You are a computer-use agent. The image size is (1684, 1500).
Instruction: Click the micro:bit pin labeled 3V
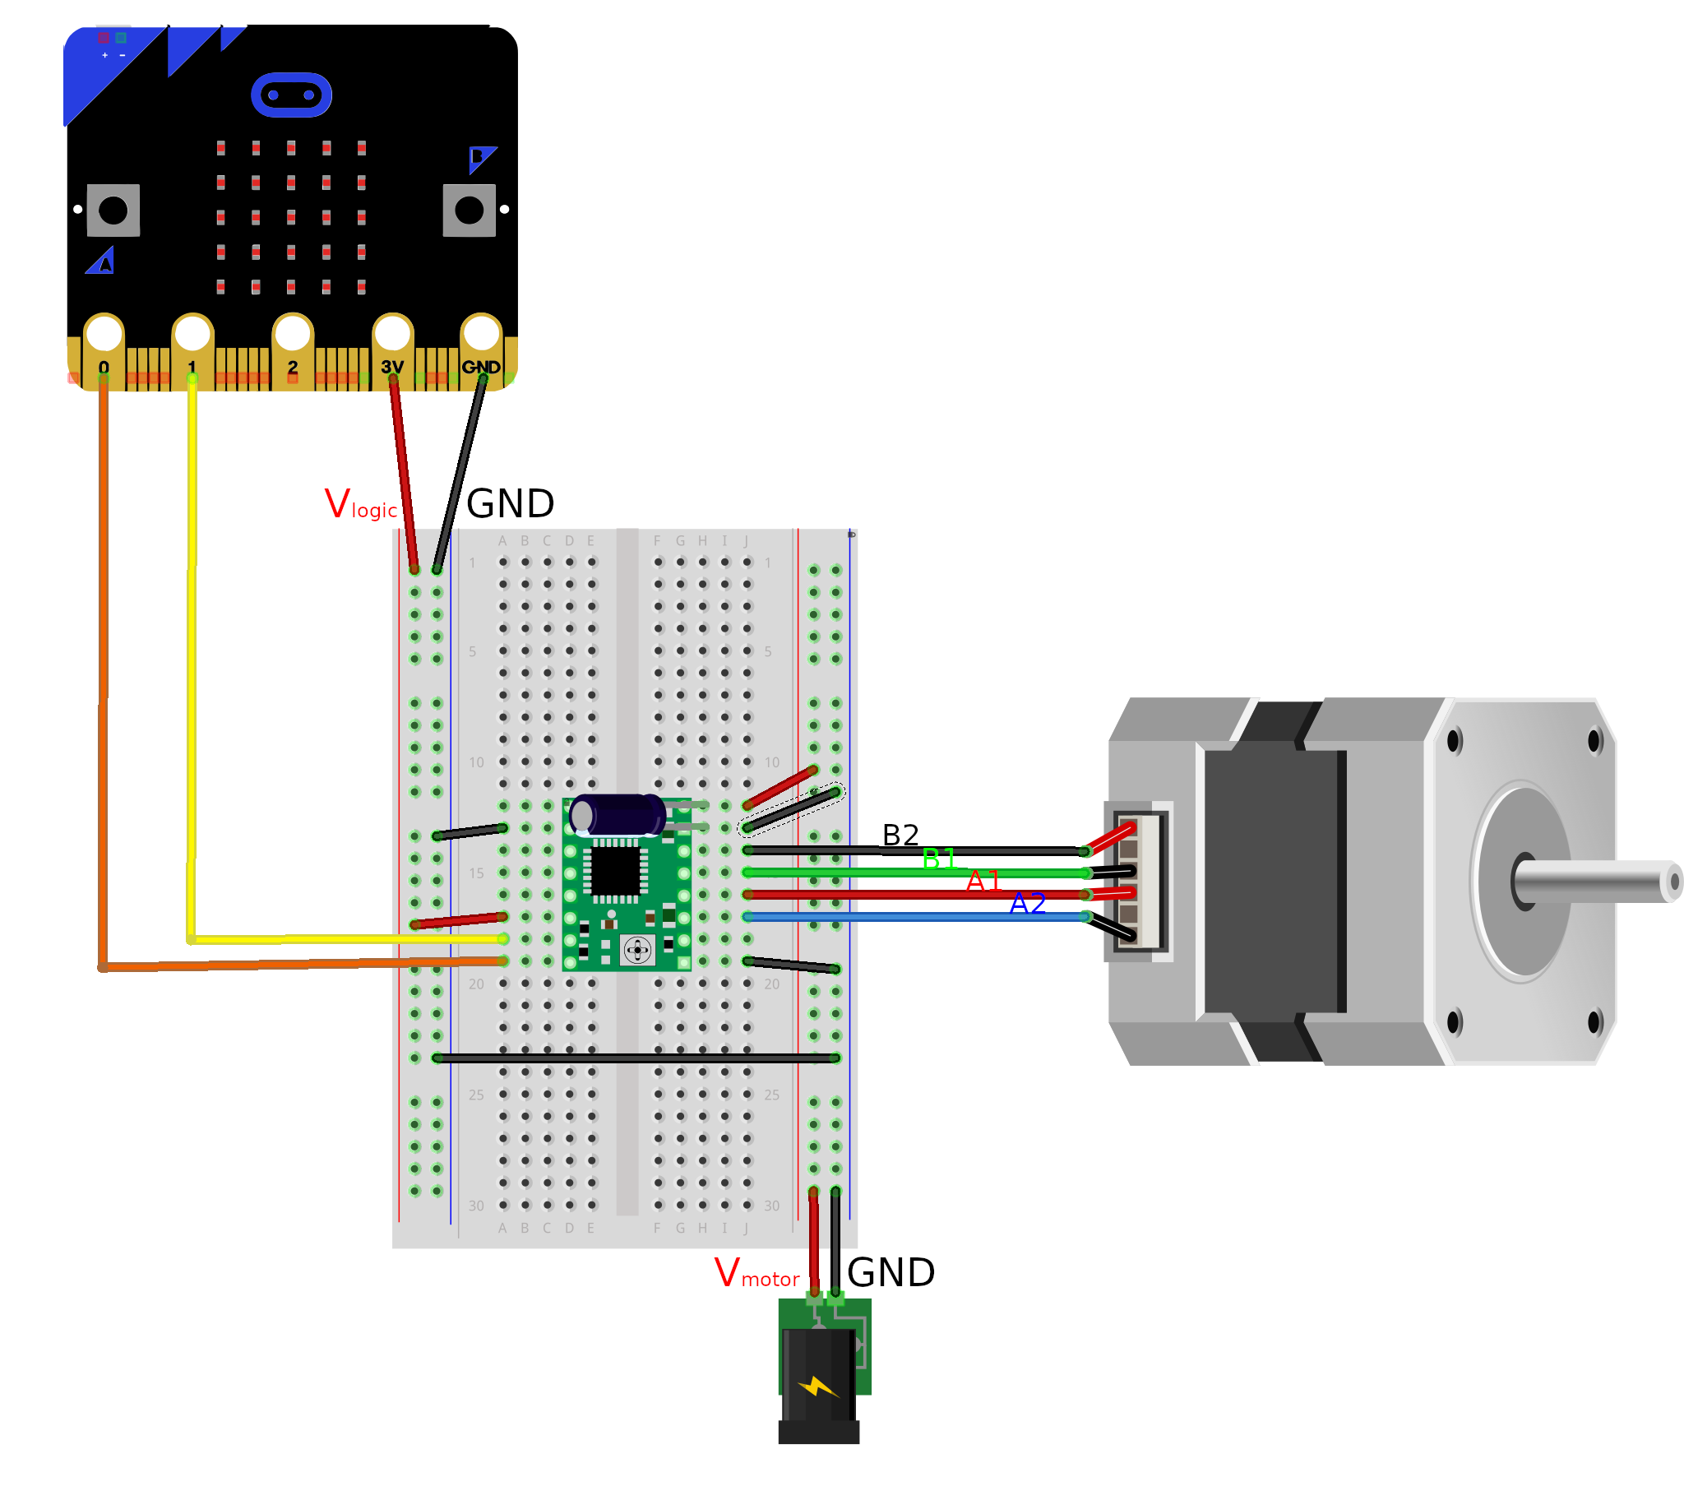coord(392,335)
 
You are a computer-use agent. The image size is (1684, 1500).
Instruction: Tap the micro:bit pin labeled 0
coord(104,335)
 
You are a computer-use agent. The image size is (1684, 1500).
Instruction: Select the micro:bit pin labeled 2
coord(293,335)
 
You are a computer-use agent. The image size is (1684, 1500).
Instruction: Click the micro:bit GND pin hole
coord(481,334)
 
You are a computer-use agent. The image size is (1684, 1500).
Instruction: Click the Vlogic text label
coord(361,504)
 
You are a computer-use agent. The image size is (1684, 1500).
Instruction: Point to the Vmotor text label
coord(756,1273)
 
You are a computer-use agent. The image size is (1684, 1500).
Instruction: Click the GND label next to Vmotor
coord(891,1273)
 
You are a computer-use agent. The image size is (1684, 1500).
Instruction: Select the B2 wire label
coord(900,836)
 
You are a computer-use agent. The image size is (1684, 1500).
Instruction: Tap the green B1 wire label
coord(938,859)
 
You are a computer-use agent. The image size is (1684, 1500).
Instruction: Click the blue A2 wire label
coord(1027,904)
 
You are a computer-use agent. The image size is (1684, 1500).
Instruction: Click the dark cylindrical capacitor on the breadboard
coord(618,816)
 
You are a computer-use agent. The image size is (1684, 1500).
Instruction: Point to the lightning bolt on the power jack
coord(817,1388)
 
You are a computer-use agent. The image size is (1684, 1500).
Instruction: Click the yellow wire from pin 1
coord(192,660)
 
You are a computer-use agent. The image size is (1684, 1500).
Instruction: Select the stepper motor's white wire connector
coord(1140,881)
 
